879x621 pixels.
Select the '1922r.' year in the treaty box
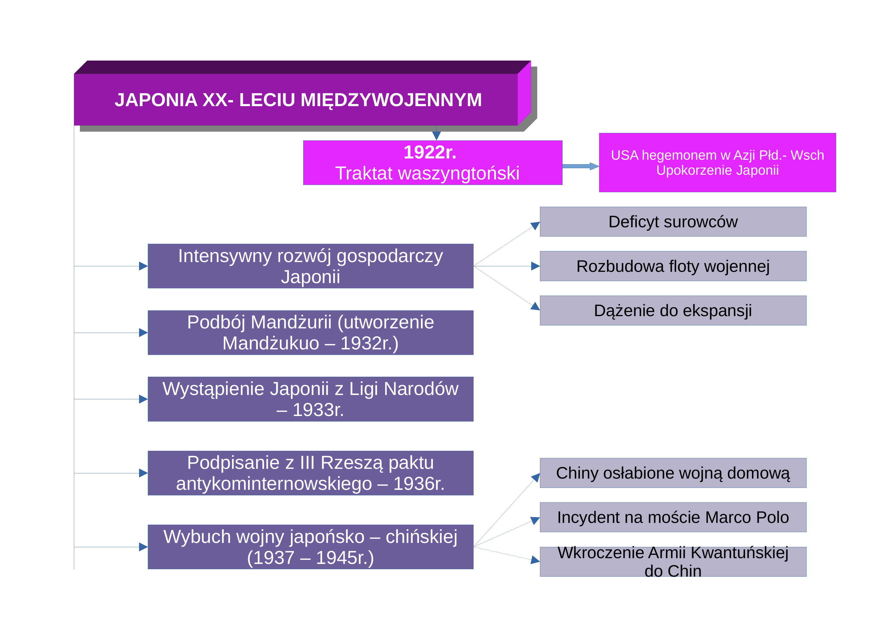coord(430,152)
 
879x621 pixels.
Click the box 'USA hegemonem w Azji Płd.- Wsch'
coord(717,162)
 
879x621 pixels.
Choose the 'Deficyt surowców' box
coord(673,222)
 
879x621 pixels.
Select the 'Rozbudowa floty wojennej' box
coord(673,266)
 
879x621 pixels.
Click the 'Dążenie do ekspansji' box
coord(673,310)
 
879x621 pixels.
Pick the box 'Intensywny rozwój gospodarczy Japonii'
coord(310,266)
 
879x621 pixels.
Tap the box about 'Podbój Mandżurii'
coord(310,333)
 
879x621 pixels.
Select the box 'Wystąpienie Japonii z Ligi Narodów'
coord(310,399)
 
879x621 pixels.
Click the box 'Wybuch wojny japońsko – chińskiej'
coord(310,547)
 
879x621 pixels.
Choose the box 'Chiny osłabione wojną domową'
coord(673,473)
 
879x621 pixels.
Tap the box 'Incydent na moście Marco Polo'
coord(673,517)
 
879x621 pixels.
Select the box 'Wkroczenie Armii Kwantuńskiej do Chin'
coord(673,562)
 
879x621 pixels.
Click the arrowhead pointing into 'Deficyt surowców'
coord(535,226)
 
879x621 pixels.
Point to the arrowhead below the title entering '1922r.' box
coord(436,136)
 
